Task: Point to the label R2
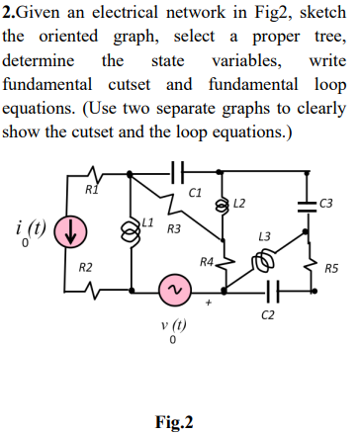(86, 268)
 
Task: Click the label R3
(173, 229)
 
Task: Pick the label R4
(206, 263)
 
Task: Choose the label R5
(330, 268)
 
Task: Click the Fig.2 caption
(173, 422)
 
